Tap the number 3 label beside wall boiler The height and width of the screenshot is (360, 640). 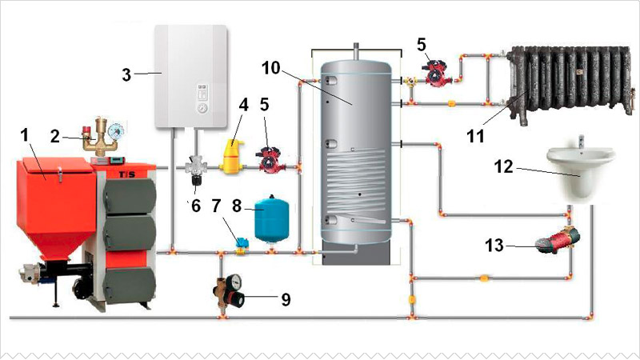[x=127, y=75]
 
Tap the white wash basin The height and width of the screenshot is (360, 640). [x=581, y=171]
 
